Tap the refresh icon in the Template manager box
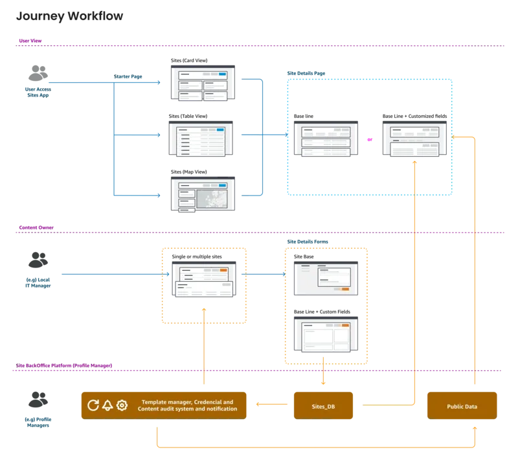point(93,405)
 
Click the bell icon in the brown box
point(107,405)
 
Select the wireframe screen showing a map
point(204,194)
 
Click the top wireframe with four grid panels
point(204,83)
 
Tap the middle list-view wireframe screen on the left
point(204,138)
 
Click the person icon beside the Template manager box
point(38,397)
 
